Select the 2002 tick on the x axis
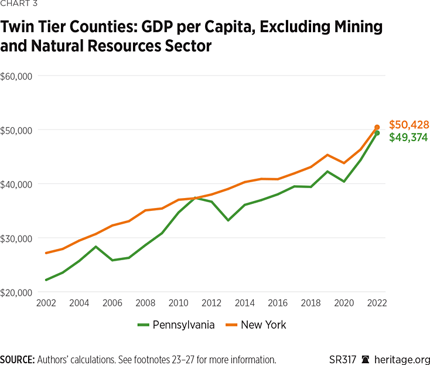coord(46,303)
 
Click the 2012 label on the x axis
coord(211,303)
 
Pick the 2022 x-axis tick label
coord(377,303)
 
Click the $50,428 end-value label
coord(409,125)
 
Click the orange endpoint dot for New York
coord(377,127)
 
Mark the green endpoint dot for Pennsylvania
coord(377,133)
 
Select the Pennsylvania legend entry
coord(176,325)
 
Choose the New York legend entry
coord(257,325)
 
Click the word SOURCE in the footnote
coord(17,359)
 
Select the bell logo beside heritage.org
coord(366,359)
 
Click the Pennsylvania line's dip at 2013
coord(228,220)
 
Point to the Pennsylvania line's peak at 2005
coord(95,247)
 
